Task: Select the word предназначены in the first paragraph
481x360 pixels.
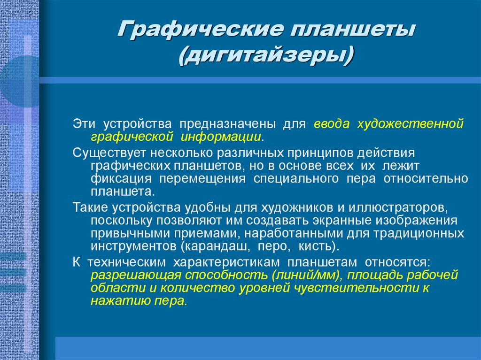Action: point(225,124)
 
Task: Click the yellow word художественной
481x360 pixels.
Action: point(411,124)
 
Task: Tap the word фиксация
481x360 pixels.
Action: point(121,179)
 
